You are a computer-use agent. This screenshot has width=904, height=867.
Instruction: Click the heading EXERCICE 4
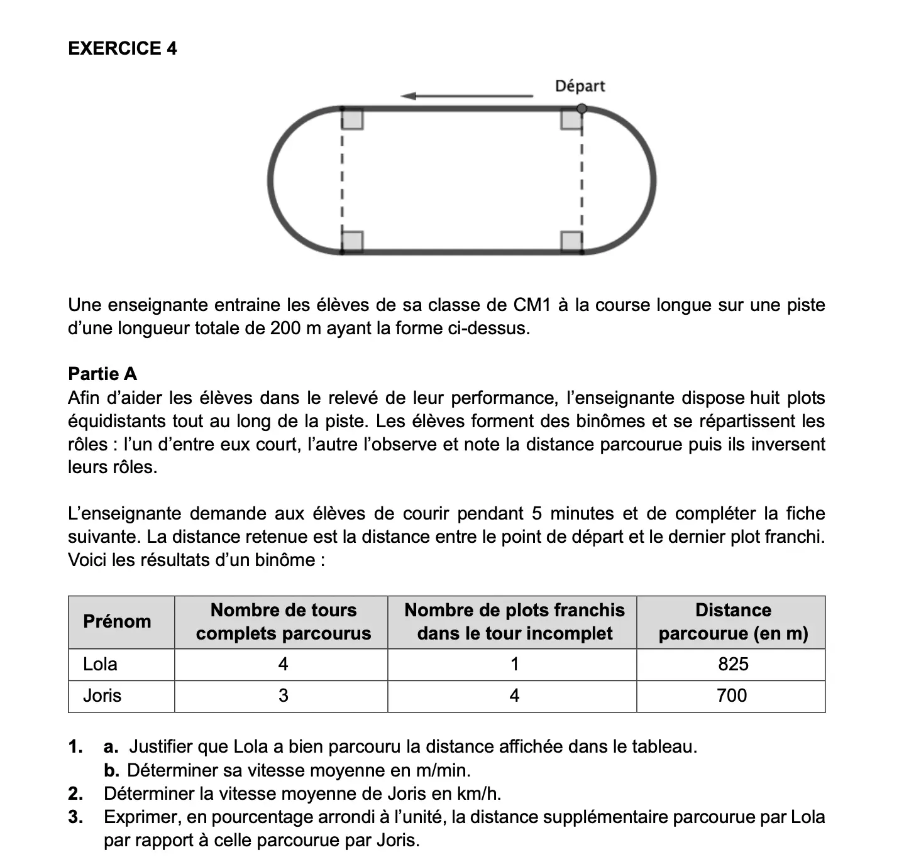tap(122, 48)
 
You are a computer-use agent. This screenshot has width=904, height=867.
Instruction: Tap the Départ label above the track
tap(579, 86)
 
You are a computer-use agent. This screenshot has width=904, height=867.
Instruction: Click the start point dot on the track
tap(582, 109)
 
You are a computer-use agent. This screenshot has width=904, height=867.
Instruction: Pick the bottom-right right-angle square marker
tap(571, 241)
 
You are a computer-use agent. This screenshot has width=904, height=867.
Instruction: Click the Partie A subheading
tap(102, 374)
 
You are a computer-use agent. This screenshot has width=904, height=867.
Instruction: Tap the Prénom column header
tap(117, 621)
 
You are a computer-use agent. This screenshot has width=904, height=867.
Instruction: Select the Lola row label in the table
tap(100, 664)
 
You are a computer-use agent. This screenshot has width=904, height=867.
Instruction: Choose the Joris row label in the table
tap(102, 695)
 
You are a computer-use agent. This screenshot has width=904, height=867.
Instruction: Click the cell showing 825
tap(732, 664)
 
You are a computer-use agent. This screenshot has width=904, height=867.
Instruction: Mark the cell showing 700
tap(732, 695)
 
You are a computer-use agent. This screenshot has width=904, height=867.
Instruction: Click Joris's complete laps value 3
tap(283, 695)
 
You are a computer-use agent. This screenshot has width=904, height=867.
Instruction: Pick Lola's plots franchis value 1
tap(514, 664)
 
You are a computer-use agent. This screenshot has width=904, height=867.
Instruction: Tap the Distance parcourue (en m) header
tap(732, 621)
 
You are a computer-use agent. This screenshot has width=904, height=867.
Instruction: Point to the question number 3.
tap(75, 817)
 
